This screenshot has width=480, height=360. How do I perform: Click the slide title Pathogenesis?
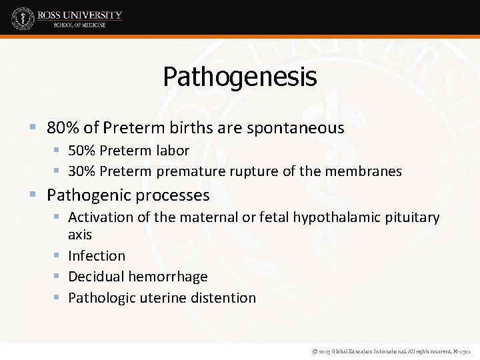(239, 77)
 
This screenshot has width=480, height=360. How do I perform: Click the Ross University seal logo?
(22, 19)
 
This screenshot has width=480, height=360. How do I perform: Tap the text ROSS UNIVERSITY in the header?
(80, 15)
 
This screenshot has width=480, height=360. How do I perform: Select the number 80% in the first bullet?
(61, 128)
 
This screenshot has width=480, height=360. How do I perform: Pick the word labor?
(173, 151)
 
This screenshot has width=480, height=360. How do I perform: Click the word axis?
(80, 235)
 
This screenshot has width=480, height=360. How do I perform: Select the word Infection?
(97, 256)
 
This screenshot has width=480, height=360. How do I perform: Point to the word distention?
(224, 298)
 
